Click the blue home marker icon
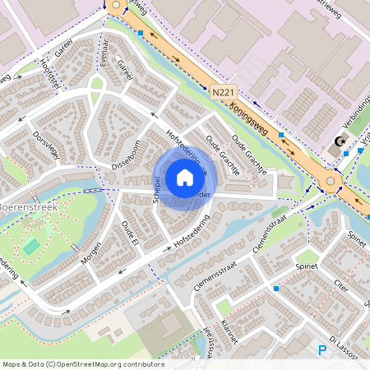185,178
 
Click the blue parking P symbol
322,350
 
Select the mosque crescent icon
338,143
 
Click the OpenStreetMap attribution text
83,364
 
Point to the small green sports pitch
31,246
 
